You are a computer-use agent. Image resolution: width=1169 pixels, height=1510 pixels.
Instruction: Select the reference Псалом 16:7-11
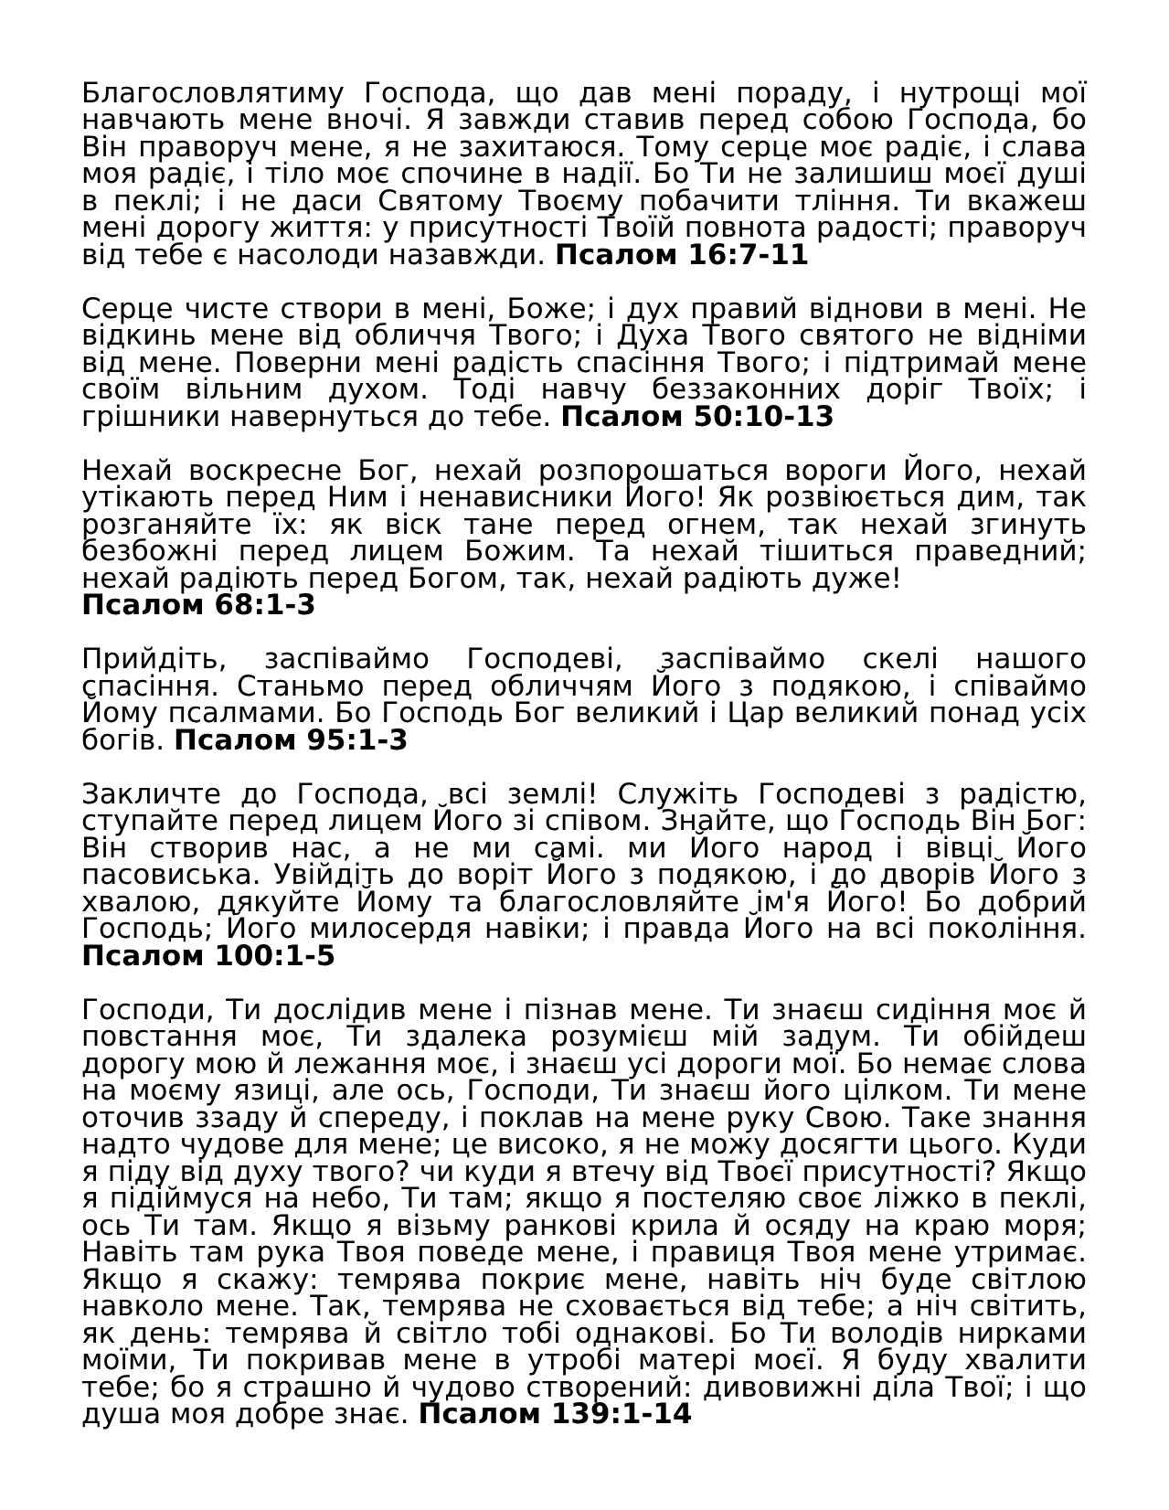(x=682, y=255)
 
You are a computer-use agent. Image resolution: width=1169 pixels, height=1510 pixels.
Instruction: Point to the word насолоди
(x=312, y=255)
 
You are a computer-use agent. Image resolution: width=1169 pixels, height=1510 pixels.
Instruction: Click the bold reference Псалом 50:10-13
(x=697, y=417)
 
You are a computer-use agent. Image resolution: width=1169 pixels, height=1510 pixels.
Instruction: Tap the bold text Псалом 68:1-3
(x=198, y=605)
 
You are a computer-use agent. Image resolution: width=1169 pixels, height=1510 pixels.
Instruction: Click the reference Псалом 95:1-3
(x=291, y=740)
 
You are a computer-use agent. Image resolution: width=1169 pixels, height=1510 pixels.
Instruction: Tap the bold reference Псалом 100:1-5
(x=208, y=957)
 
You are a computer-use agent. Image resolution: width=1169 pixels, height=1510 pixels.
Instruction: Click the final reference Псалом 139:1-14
(x=555, y=1415)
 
